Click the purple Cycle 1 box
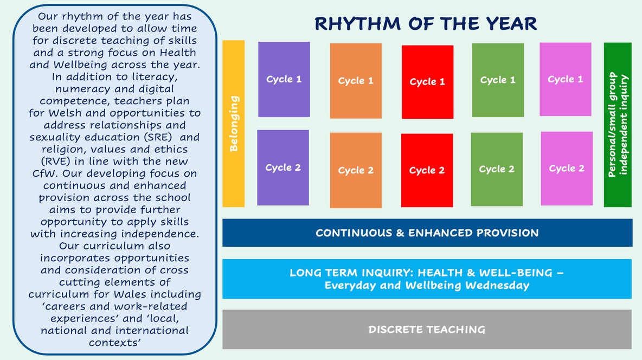pyautogui.click(x=284, y=80)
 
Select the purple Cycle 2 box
pyautogui.click(x=283, y=168)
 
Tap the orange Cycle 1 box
pyautogui.click(x=356, y=81)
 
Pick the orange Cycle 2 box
pyautogui.click(x=356, y=170)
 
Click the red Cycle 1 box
pyautogui.click(x=427, y=82)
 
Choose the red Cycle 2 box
pyautogui.click(x=427, y=170)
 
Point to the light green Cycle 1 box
pyautogui.click(x=498, y=80)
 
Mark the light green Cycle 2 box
pyautogui.click(x=497, y=169)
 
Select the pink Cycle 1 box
pyautogui.click(x=566, y=79)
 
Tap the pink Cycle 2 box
pyautogui.click(x=567, y=168)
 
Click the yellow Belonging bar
pyautogui.click(x=233, y=124)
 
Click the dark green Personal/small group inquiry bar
pyautogui.click(x=618, y=125)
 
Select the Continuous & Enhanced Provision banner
pyautogui.click(x=427, y=233)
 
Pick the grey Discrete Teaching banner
pyautogui.click(x=427, y=329)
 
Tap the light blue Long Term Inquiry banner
pyautogui.click(x=427, y=279)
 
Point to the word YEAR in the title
pyautogui.click(x=512, y=24)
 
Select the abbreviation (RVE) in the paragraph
pyautogui.click(x=56, y=162)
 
